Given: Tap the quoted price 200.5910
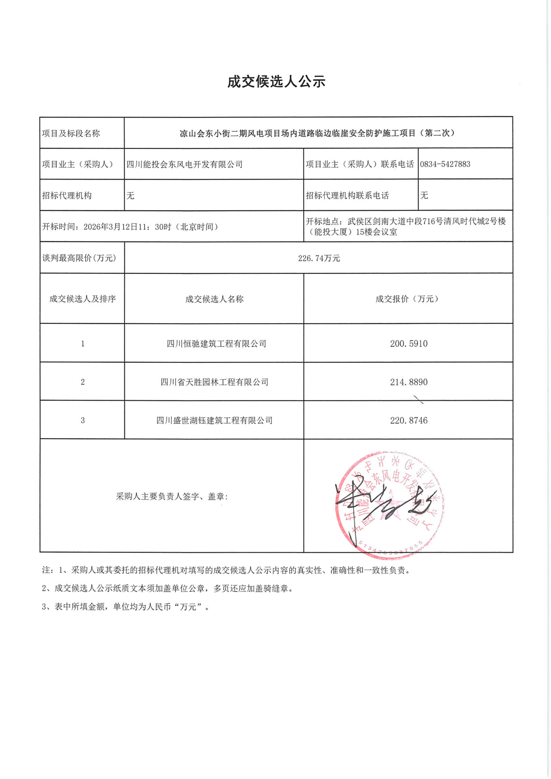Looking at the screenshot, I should [x=408, y=344].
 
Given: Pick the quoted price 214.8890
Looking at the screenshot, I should [x=408, y=382].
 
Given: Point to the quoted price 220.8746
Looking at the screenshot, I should [x=408, y=420].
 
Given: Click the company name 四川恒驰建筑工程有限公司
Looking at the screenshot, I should [x=216, y=344].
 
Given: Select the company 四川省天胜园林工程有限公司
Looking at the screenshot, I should [x=214, y=382].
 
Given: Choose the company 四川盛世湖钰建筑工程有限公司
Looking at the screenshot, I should [x=214, y=420].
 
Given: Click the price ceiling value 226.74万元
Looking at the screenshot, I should [x=319, y=258].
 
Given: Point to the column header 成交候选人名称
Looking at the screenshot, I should [x=214, y=299].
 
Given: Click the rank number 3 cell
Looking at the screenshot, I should [x=82, y=420].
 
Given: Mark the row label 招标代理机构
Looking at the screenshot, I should [x=66, y=195].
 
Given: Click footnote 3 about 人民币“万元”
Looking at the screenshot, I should [x=126, y=607].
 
